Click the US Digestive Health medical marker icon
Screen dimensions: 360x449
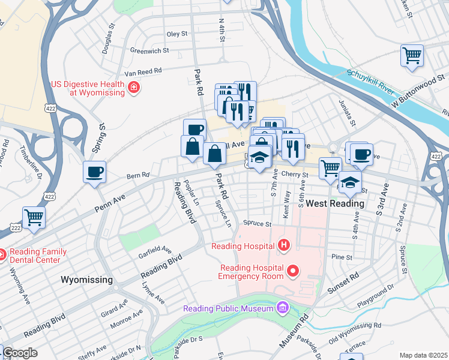[x=133, y=89]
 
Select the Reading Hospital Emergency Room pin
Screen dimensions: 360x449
[x=293, y=272]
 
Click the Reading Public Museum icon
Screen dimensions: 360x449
[x=282, y=308]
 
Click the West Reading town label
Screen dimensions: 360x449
[x=334, y=204]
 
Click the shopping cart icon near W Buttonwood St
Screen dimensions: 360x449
[x=412, y=56]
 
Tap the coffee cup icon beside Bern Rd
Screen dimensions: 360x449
[x=95, y=173]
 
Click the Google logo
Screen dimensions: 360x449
[x=20, y=353]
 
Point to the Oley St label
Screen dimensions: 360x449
[x=177, y=34]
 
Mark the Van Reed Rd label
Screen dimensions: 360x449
[x=139, y=71]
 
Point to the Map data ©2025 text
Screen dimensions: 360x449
[x=424, y=355]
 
